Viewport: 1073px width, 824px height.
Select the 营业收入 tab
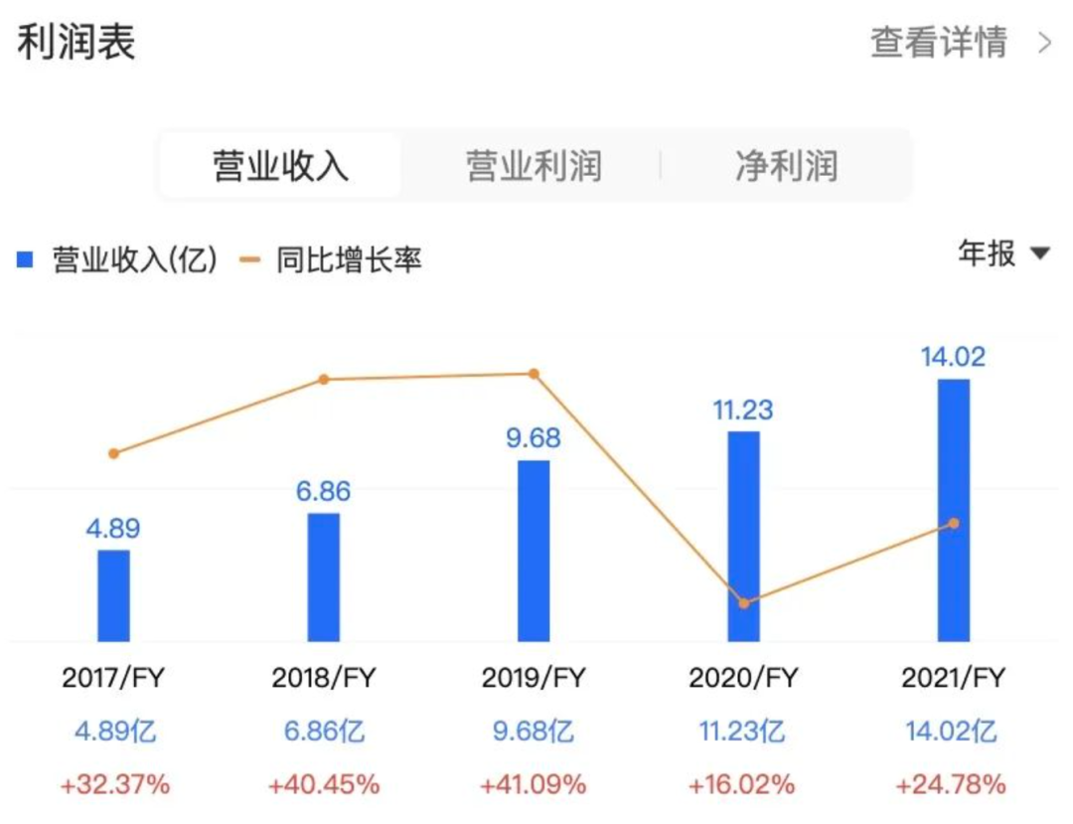[281, 166]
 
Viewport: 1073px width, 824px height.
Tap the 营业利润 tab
[534, 166]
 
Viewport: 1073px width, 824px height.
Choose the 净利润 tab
[786, 166]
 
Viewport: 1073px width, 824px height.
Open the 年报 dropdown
[1002, 253]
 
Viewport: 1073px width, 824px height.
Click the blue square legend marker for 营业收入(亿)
[26, 261]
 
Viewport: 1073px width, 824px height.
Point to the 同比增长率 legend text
[349, 261]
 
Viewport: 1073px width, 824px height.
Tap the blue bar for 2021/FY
[954, 509]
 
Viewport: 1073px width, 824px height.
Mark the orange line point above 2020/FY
[744, 602]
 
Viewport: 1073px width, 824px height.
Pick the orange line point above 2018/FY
[323, 379]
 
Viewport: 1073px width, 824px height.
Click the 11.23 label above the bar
[743, 410]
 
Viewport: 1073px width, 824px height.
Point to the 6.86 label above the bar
[323, 491]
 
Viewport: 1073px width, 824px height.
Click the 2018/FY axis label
[323, 679]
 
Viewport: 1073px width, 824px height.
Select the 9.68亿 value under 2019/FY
[534, 732]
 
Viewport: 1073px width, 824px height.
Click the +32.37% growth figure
[114, 784]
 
